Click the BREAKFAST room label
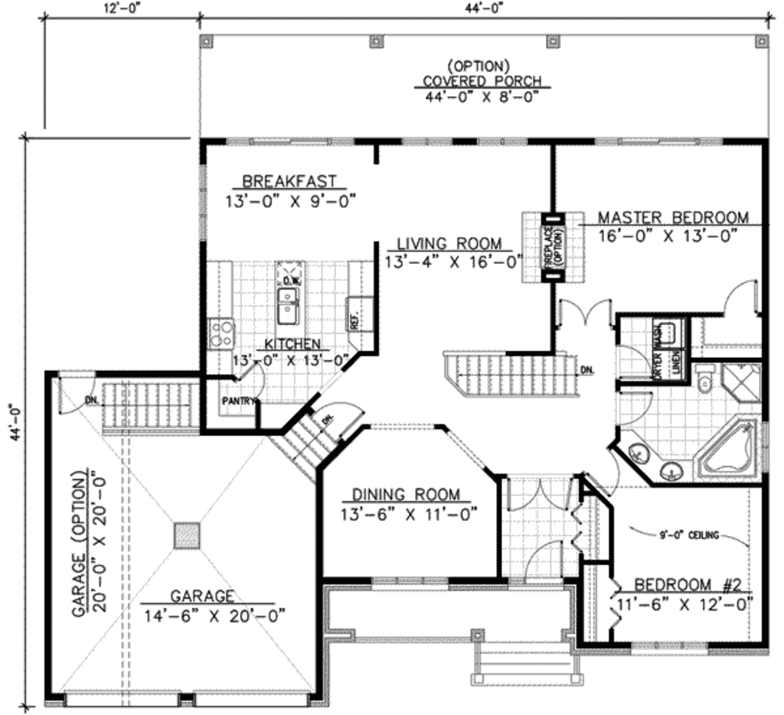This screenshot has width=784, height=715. coord(289,181)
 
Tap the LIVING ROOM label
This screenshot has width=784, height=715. coord(449,244)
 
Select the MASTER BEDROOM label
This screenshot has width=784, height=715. coord(672,217)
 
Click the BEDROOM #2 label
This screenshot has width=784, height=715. coord(688,585)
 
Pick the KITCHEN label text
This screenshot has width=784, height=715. coord(292,344)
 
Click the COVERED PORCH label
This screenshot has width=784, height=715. coord(482,81)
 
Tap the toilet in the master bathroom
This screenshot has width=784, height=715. coord(706,378)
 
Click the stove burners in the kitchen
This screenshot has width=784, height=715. coord(222,332)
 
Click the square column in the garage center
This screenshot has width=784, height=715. coord(186,535)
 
